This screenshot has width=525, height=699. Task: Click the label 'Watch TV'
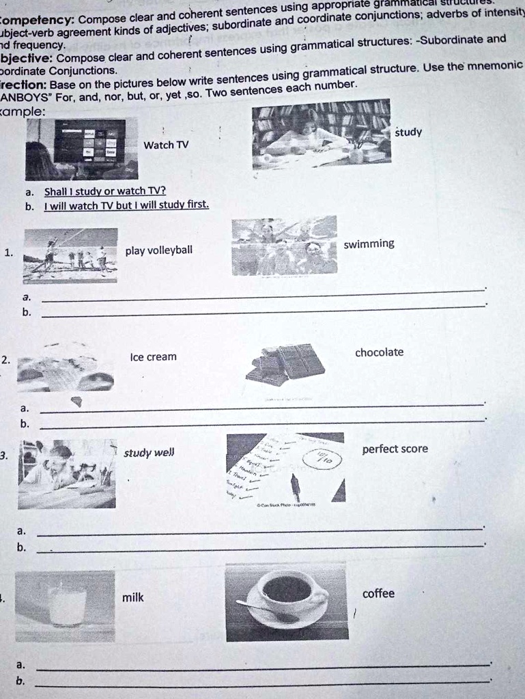[166, 145]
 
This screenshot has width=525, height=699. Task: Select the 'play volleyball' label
[158, 251]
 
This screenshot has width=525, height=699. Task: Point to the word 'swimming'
[369, 244]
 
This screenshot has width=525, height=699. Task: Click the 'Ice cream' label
[152, 357]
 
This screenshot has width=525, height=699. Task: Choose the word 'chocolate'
[379, 353]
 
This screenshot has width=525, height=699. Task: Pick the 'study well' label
[149, 453]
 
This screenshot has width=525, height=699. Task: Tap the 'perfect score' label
[395, 449]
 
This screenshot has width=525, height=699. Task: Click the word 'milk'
[132, 598]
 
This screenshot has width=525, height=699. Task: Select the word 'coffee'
[378, 594]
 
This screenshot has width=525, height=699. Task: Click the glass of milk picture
[67, 605]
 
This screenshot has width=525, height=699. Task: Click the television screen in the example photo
[89, 141]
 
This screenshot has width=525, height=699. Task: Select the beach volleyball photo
[70, 255]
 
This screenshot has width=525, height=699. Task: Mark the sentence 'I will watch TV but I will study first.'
[126, 205]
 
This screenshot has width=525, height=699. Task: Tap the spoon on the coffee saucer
[266, 611]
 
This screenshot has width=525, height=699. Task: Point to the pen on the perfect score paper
[296, 487]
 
